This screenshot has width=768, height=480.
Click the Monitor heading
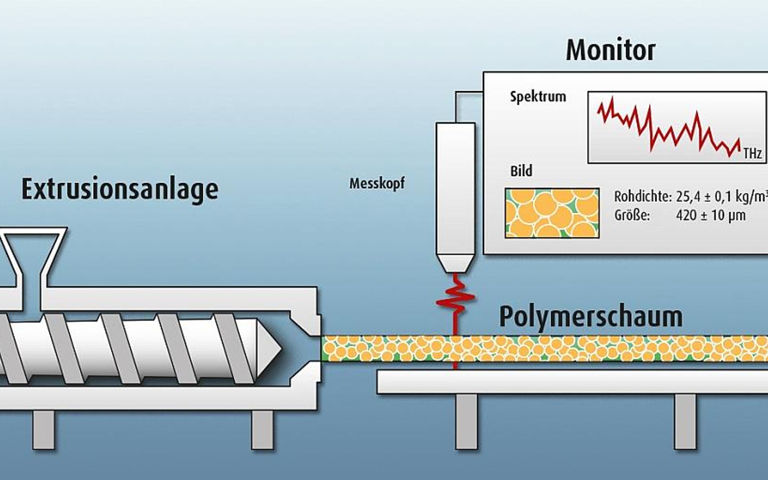610,50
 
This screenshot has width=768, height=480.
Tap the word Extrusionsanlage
120,189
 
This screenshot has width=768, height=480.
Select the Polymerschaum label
590,317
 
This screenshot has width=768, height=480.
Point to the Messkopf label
377,184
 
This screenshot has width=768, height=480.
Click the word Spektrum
538,97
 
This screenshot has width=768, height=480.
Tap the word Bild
521,171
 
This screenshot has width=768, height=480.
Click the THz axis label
752,154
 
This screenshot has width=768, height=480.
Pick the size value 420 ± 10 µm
710,216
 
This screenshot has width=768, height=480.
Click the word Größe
632,216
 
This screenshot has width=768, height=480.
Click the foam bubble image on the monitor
552,213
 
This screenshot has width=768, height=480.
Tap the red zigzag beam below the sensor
455,298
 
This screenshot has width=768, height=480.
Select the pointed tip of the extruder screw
270,348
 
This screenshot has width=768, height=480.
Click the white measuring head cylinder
455,188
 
